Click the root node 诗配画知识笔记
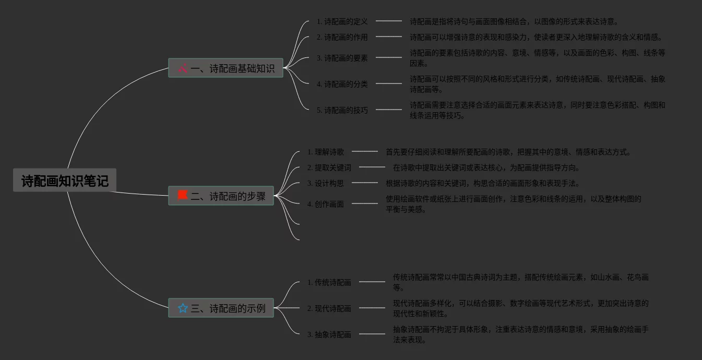tap(65, 181)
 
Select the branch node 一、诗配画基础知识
tap(225, 68)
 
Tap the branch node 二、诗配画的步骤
tap(221, 196)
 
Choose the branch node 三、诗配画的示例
tap(221, 308)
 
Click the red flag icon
tap(183, 195)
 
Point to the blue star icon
tap(183, 308)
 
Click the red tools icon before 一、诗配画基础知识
tap(183, 68)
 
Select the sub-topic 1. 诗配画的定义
tap(342, 21)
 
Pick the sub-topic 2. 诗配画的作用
tap(342, 37)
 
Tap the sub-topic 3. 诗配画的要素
tap(342, 58)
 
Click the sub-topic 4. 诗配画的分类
tap(342, 84)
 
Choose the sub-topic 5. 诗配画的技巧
tap(342, 110)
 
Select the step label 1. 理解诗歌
tap(326, 152)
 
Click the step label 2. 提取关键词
tap(329, 167)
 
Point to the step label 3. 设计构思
tap(326, 183)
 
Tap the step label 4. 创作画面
tap(326, 204)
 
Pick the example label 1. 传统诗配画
tap(329, 282)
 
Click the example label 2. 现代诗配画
tap(329, 308)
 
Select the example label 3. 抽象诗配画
tap(329, 334)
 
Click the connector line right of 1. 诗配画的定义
tap(389, 21)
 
